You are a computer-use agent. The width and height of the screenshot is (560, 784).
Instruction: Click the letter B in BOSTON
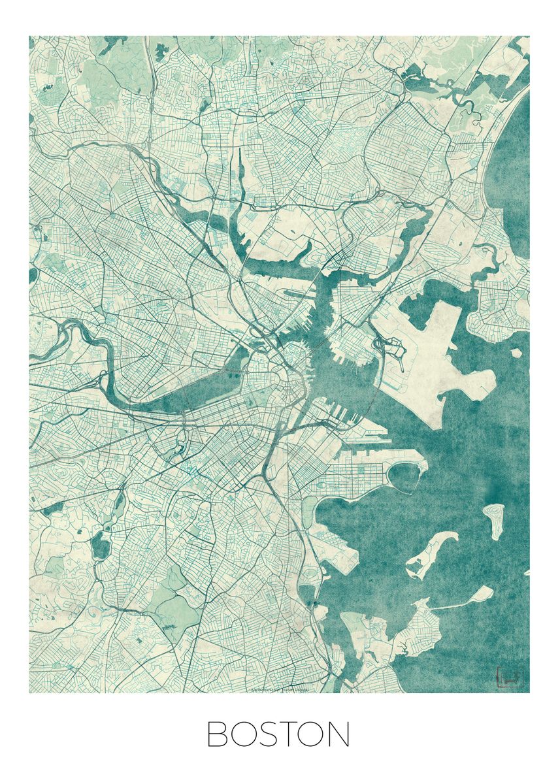(219, 734)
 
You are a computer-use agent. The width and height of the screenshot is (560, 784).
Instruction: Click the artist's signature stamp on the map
(508, 677)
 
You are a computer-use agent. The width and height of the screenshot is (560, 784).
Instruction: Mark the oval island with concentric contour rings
(494, 519)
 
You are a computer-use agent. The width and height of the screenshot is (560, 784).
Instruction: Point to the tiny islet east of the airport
(516, 353)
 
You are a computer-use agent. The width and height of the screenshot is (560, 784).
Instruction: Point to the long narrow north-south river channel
(240, 176)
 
